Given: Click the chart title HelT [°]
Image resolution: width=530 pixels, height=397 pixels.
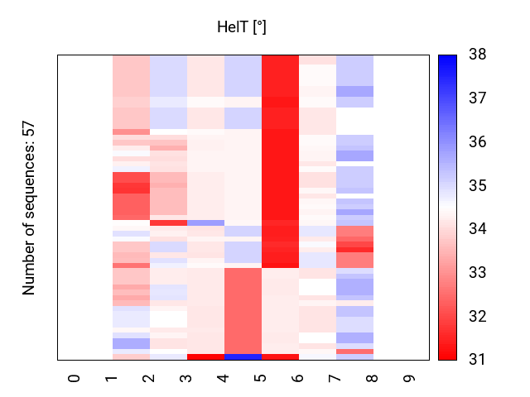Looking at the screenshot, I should pyautogui.click(x=241, y=27).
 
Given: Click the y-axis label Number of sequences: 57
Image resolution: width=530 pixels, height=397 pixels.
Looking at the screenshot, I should pyautogui.click(x=29, y=208).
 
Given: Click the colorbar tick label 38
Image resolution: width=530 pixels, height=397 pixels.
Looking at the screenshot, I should pyautogui.click(x=477, y=55).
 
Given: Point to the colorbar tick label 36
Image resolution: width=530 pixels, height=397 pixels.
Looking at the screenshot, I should pyautogui.click(x=477, y=142).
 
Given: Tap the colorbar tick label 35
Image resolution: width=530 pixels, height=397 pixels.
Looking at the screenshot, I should pyautogui.click(x=477, y=185).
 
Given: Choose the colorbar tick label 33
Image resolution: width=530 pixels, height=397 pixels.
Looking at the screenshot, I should pyautogui.click(x=477, y=272).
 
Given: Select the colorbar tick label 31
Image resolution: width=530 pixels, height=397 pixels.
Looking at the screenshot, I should pyautogui.click(x=477, y=359).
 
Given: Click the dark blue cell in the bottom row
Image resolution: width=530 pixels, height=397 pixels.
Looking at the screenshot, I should pyautogui.click(x=243, y=357).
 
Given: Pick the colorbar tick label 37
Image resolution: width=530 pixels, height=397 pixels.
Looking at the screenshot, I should pyautogui.click(x=477, y=98).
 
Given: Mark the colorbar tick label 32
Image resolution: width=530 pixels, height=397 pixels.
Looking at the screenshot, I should pyautogui.click(x=477, y=316).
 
